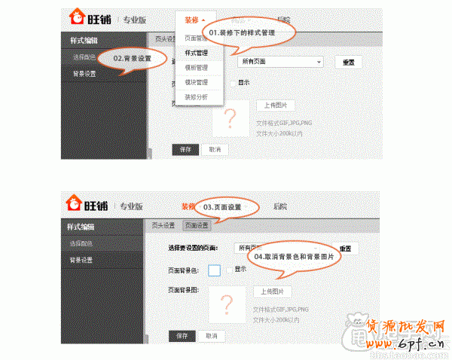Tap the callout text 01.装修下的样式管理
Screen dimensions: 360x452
point(242,33)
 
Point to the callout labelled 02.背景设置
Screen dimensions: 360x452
point(131,58)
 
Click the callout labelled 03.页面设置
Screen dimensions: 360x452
point(222,206)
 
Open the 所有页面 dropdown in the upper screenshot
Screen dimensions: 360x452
point(282,61)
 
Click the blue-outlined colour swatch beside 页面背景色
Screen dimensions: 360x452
point(214,270)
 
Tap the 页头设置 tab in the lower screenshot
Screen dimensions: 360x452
point(163,225)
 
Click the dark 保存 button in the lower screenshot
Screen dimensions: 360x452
point(181,335)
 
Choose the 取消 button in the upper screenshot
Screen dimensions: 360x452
point(215,149)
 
